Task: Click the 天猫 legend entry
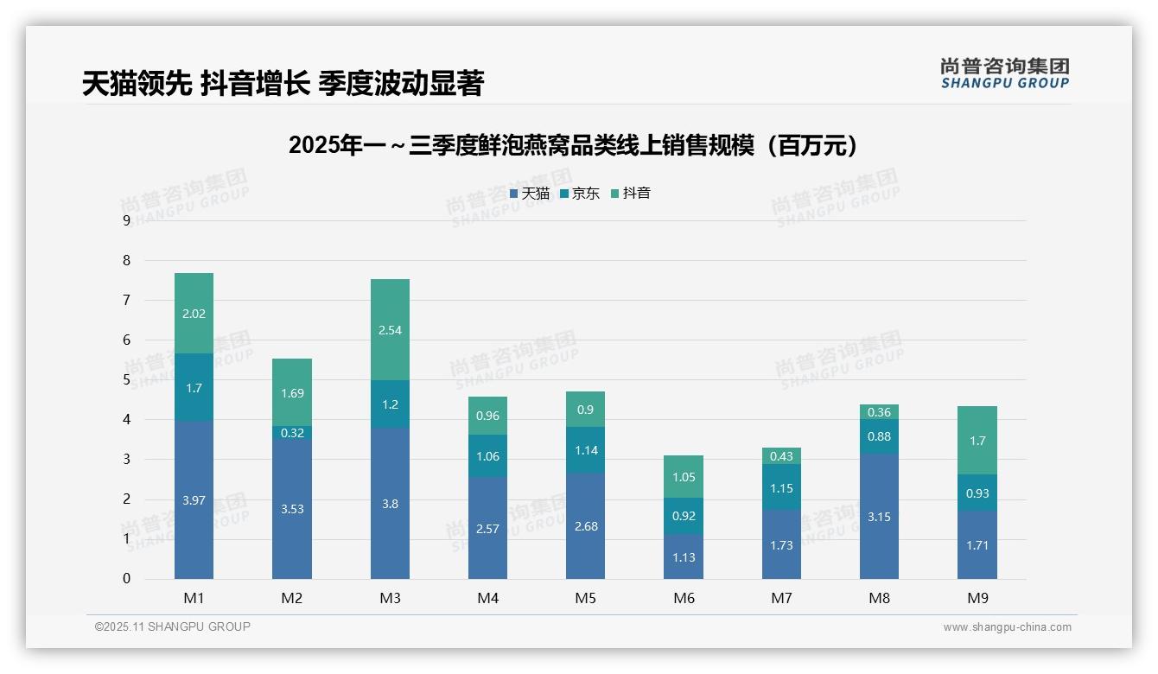pyautogui.click(x=529, y=194)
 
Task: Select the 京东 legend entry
pyautogui.click(x=579, y=194)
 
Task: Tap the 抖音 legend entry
pyautogui.click(x=630, y=194)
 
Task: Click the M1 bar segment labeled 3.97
pyautogui.click(x=194, y=499)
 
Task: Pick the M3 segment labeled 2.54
pyautogui.click(x=390, y=330)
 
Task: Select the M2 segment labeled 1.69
pyautogui.click(x=292, y=393)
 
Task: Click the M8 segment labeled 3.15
pyautogui.click(x=880, y=517)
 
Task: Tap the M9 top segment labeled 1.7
pyautogui.click(x=977, y=441)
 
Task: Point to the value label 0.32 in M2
pyautogui.click(x=292, y=433)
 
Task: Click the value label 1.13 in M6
pyautogui.click(x=684, y=557)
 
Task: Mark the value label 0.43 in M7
pyautogui.click(x=781, y=456)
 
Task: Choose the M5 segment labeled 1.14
pyautogui.click(x=586, y=450)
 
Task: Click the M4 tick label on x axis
pyautogui.click(x=487, y=598)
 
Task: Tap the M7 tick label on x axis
pyautogui.click(x=781, y=598)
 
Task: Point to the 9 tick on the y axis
pyautogui.click(x=126, y=220)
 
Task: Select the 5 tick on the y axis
pyautogui.click(x=126, y=380)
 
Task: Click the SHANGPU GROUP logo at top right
pyautogui.click(x=1004, y=73)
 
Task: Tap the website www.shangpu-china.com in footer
pyautogui.click(x=1007, y=627)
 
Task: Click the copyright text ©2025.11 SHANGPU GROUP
pyautogui.click(x=173, y=626)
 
